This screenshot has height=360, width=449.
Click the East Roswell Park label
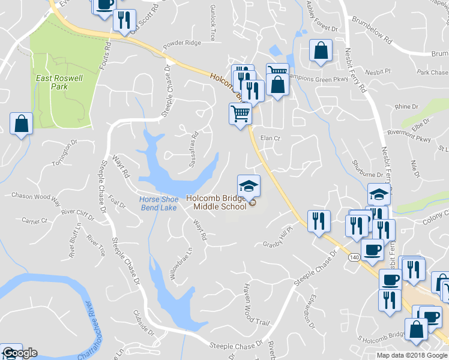59,82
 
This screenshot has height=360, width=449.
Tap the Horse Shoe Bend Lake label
158,203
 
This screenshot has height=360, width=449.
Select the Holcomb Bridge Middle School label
216,202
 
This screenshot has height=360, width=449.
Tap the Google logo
19,353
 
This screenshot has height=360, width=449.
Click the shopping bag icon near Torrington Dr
21,124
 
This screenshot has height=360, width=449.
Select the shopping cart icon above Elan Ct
240,112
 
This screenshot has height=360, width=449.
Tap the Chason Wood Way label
36,197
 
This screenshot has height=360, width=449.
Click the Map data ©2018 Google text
412,355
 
